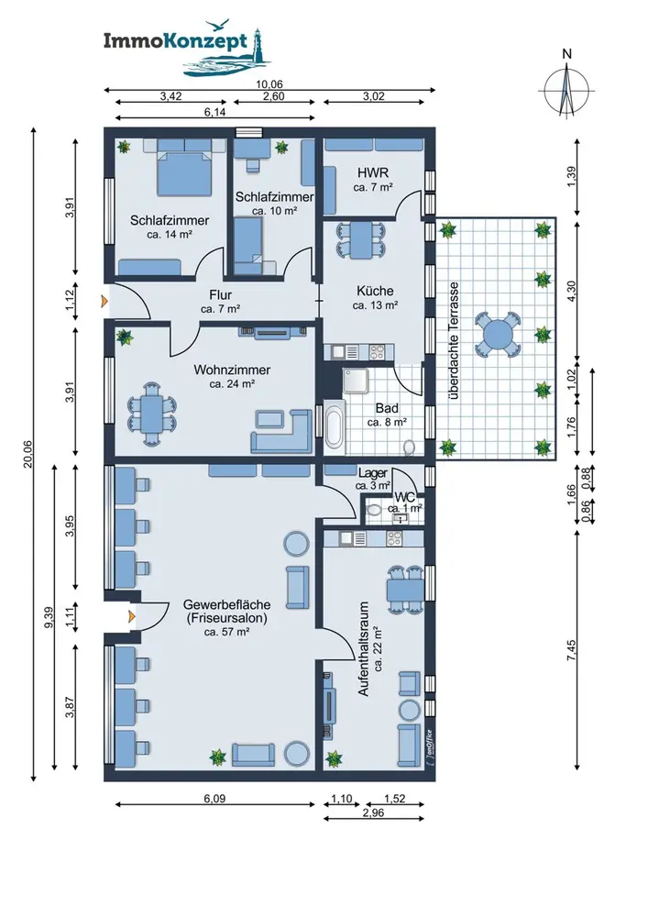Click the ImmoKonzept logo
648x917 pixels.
point(182,50)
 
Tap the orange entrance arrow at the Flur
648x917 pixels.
point(104,301)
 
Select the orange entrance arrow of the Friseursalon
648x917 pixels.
point(132,616)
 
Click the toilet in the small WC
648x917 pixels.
point(373,509)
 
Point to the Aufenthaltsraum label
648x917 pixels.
point(370,648)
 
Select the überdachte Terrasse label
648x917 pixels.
point(454,340)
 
